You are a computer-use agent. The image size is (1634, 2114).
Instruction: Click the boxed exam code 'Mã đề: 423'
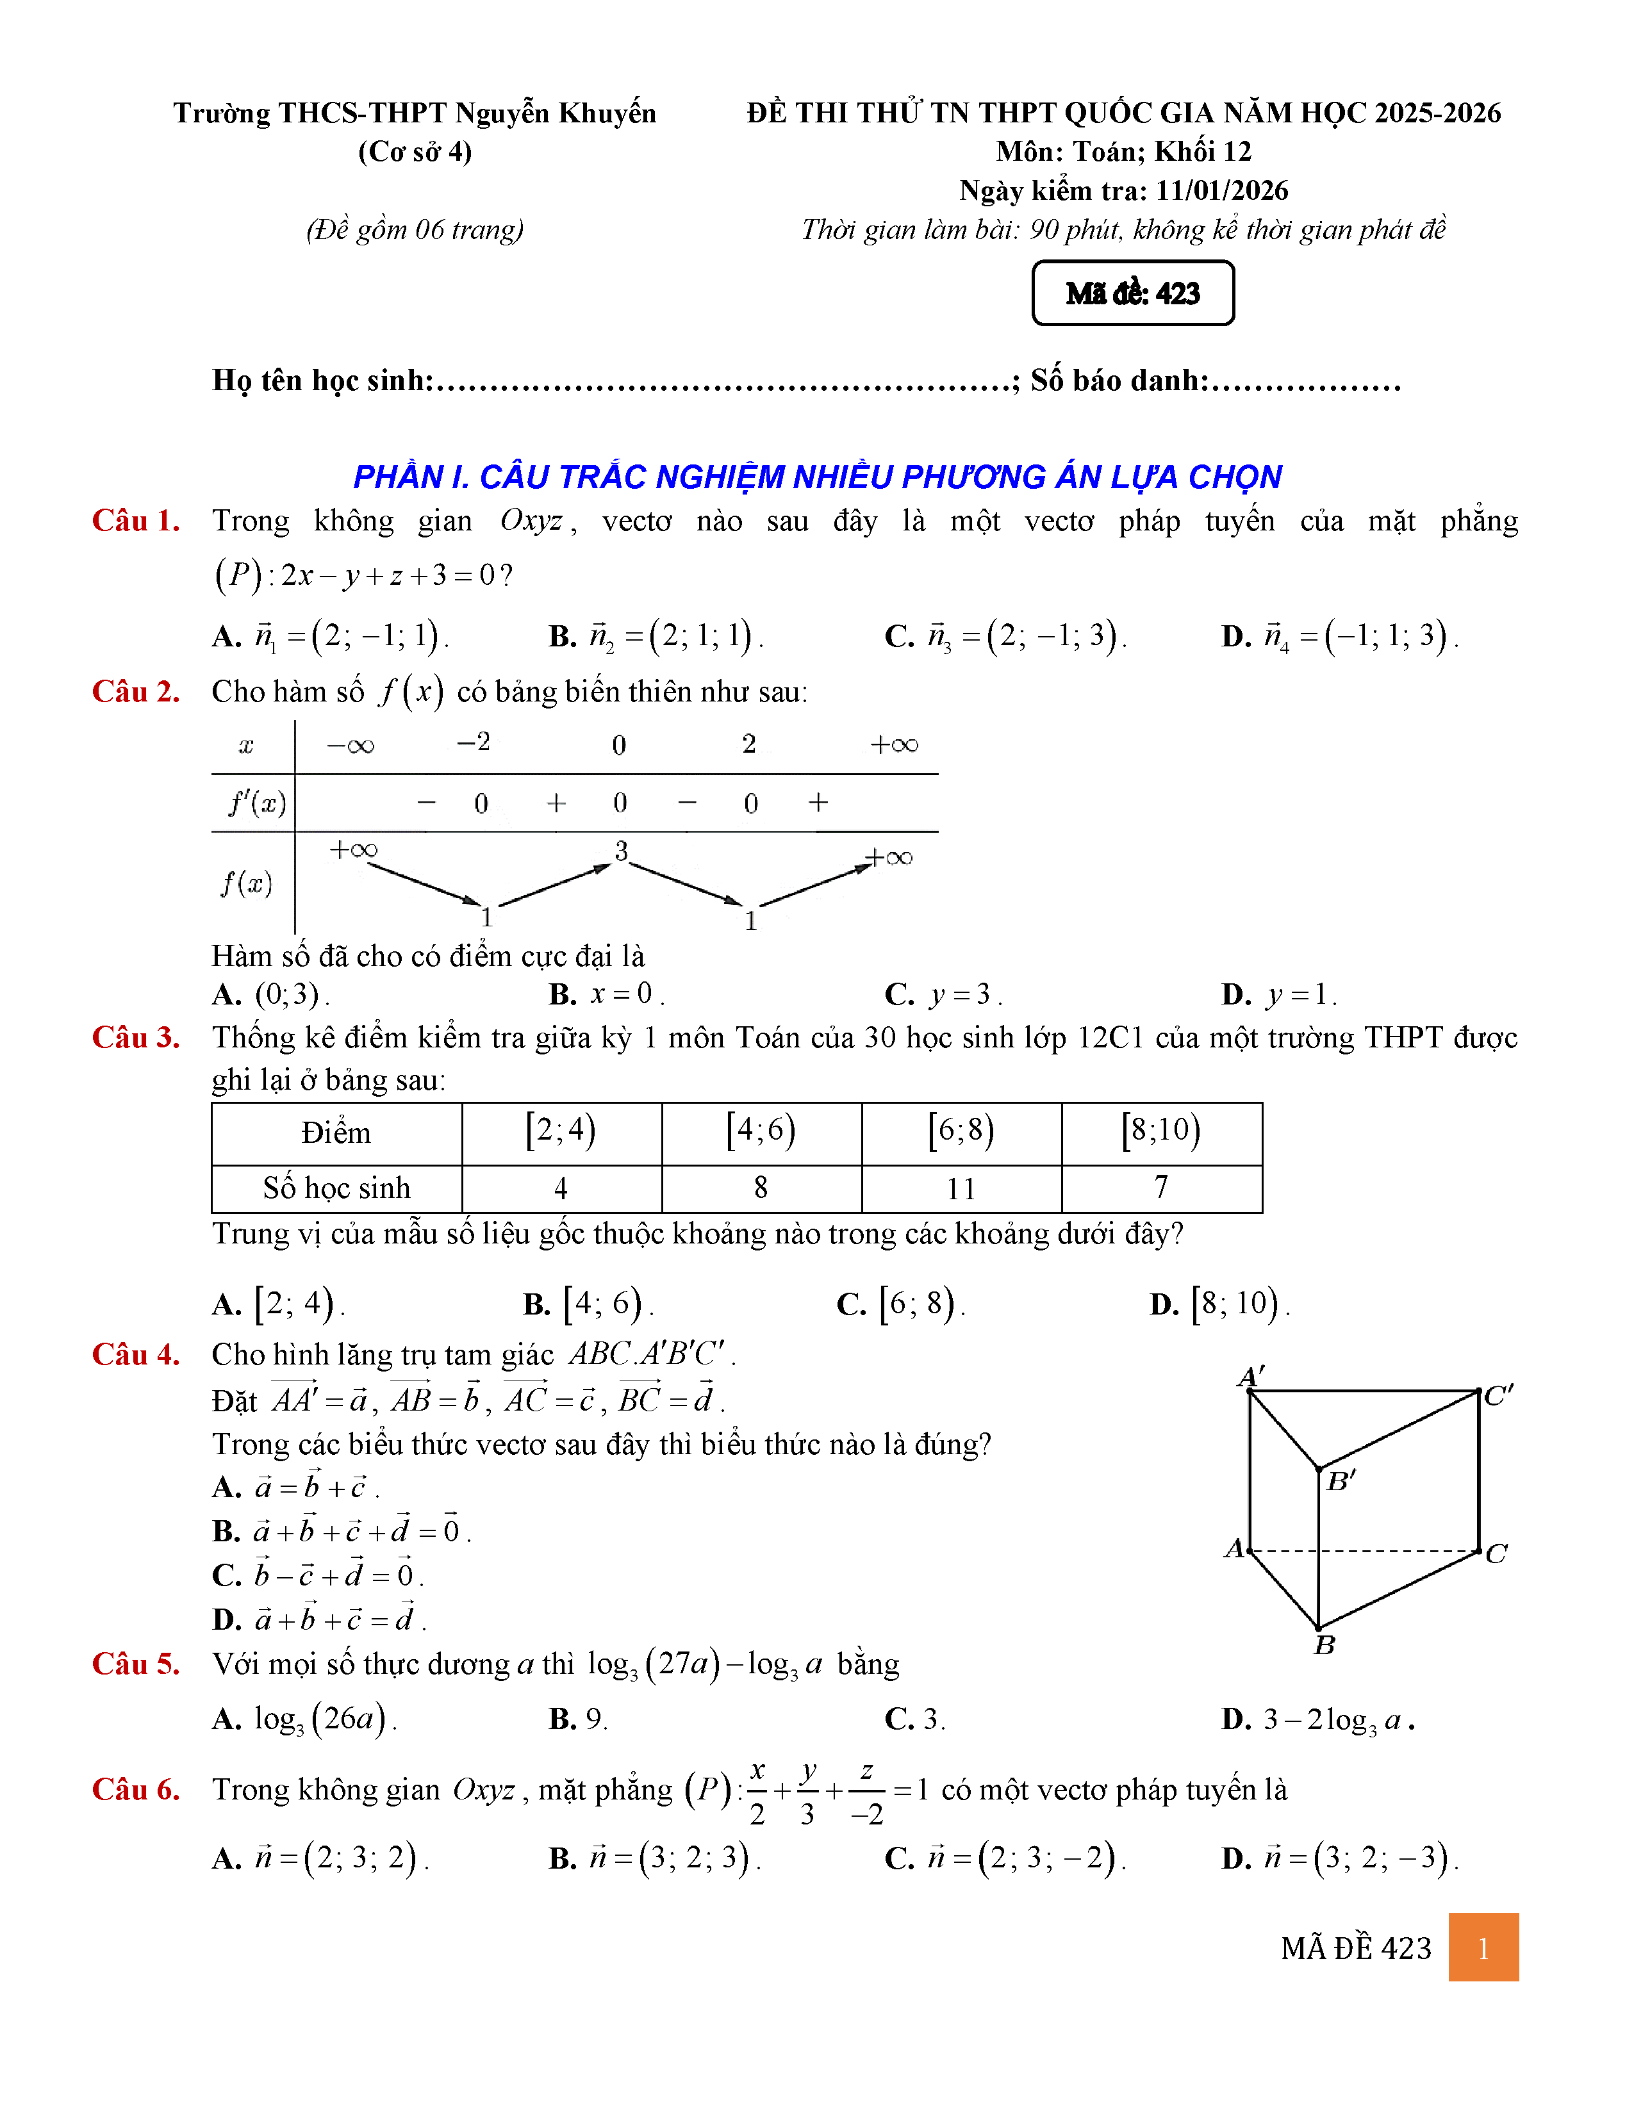tap(1132, 293)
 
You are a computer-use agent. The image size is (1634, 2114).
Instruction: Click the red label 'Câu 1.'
tap(135, 521)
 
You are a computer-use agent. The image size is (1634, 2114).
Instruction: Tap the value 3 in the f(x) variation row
tap(622, 851)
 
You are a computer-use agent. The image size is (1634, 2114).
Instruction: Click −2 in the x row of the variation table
tap(474, 742)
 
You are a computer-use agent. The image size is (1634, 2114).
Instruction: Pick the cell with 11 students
tap(961, 1188)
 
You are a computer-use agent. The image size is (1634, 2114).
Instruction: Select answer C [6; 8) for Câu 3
tap(901, 1304)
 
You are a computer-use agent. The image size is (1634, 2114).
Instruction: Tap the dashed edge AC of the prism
tap(1365, 1552)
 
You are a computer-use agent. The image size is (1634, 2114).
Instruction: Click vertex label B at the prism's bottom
tap(1325, 1646)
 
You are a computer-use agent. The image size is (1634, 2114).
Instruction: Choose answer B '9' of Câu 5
tap(579, 1719)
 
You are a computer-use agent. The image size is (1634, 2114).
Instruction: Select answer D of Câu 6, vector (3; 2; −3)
tap(1340, 1858)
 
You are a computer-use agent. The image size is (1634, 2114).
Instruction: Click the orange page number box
tap(1483, 1947)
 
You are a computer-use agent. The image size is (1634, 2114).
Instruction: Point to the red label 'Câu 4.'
tap(135, 1354)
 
